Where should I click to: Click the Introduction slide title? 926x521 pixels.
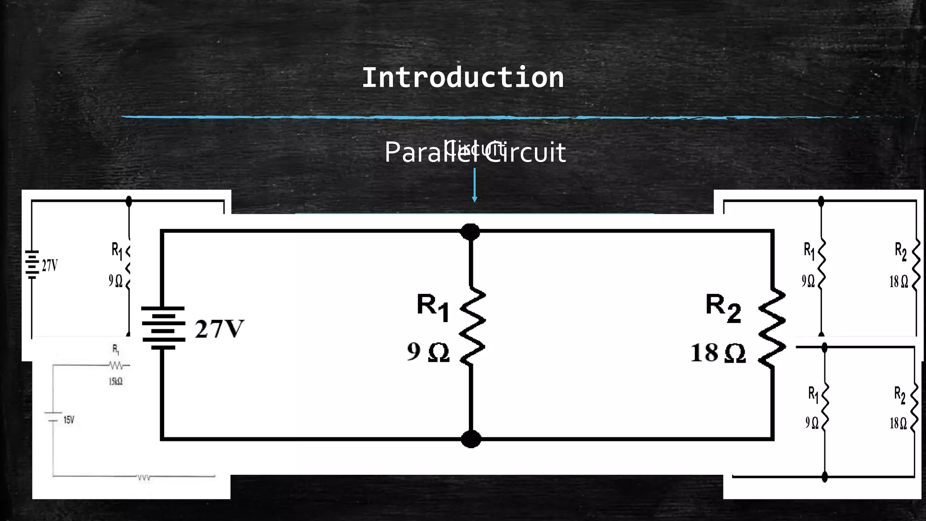463,78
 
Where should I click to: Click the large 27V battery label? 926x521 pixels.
219,329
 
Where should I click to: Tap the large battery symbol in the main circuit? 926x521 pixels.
163,328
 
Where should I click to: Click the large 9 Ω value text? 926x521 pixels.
428,352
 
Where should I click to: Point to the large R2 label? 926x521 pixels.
723,308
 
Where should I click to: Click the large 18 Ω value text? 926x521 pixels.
718,353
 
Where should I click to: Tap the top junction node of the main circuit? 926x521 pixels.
470,232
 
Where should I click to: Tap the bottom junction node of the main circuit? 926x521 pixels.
471,439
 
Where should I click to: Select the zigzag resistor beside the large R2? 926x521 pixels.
772,328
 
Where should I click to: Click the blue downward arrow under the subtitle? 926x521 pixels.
474,185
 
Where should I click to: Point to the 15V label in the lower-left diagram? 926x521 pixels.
69,420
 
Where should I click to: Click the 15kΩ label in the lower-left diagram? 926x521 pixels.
115,381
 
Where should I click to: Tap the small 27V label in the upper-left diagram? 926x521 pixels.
50,265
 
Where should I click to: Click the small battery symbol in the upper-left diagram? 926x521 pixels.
32,264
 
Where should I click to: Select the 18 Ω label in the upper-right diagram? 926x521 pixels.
898,282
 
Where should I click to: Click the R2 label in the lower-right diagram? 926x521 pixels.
899,395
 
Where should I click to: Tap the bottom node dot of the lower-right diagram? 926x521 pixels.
825,476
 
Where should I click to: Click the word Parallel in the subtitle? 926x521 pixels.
430,153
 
